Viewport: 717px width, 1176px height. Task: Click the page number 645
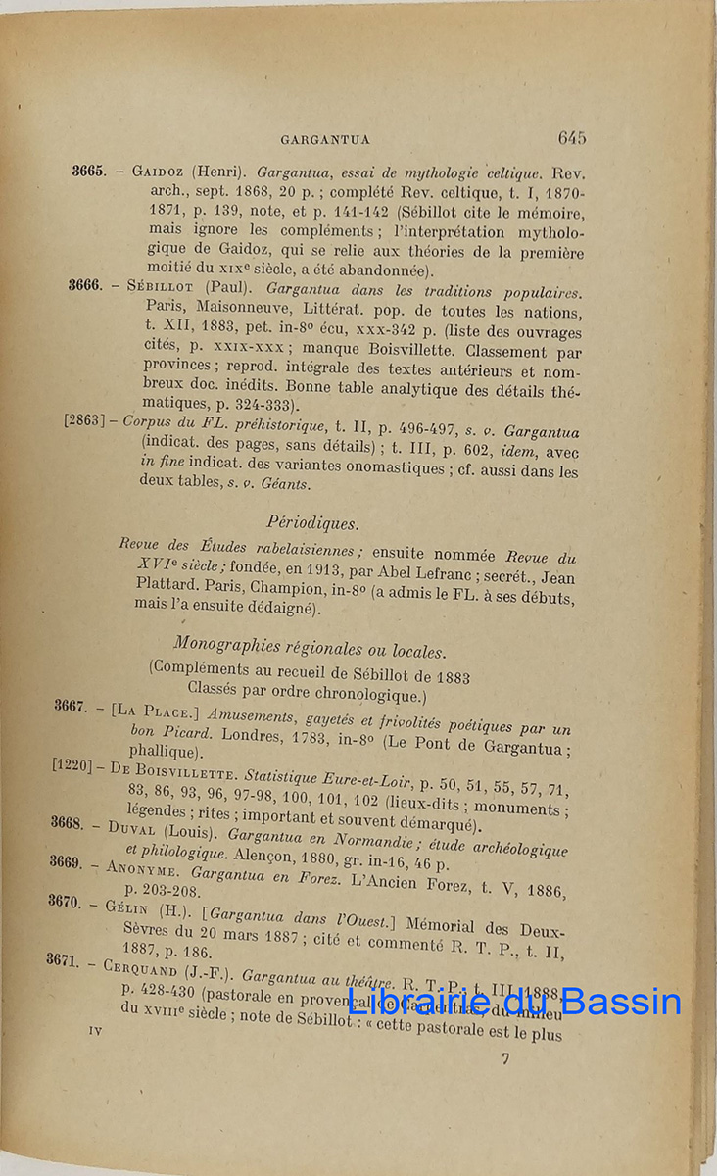[x=572, y=138]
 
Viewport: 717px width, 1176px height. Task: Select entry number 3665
[x=88, y=170]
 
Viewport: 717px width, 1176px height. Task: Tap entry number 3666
[x=86, y=285]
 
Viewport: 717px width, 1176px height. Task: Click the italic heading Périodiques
[x=312, y=523]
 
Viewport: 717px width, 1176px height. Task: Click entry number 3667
[x=72, y=706]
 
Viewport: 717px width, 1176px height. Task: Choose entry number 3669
[x=67, y=860]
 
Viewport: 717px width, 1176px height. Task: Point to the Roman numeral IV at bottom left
[x=95, y=1030]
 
